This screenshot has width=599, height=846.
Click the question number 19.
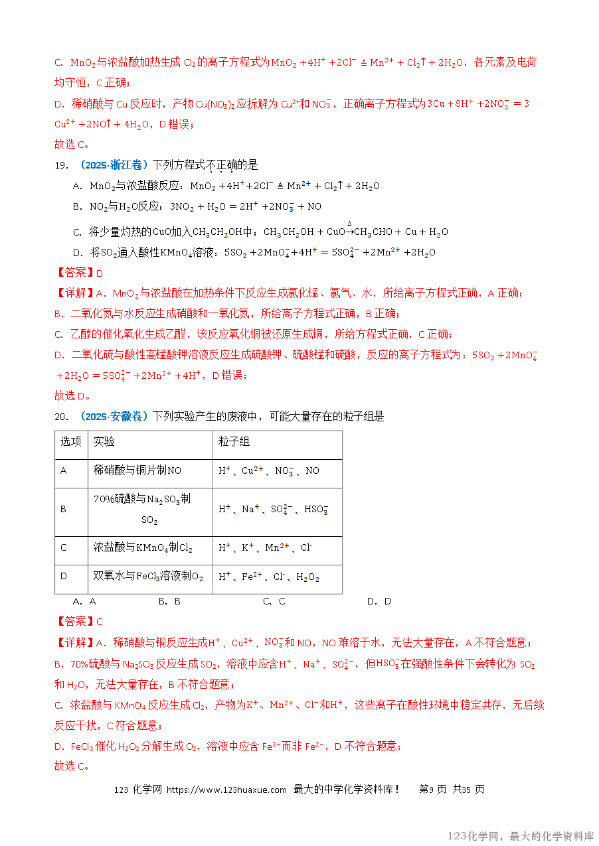click(60, 165)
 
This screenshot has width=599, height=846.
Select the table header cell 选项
click(71, 442)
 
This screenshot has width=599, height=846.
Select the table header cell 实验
click(104, 442)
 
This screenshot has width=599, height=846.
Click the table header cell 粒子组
click(234, 442)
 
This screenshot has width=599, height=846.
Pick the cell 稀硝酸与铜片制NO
click(137, 470)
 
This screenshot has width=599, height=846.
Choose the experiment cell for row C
click(143, 548)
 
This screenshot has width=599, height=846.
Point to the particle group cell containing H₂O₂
click(269, 577)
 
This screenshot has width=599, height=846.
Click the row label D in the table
click(64, 576)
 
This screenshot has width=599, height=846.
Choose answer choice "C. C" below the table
click(274, 601)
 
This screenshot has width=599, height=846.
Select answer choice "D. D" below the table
click(379, 601)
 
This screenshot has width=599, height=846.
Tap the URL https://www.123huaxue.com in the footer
click(226, 790)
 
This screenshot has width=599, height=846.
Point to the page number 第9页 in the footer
click(433, 790)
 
